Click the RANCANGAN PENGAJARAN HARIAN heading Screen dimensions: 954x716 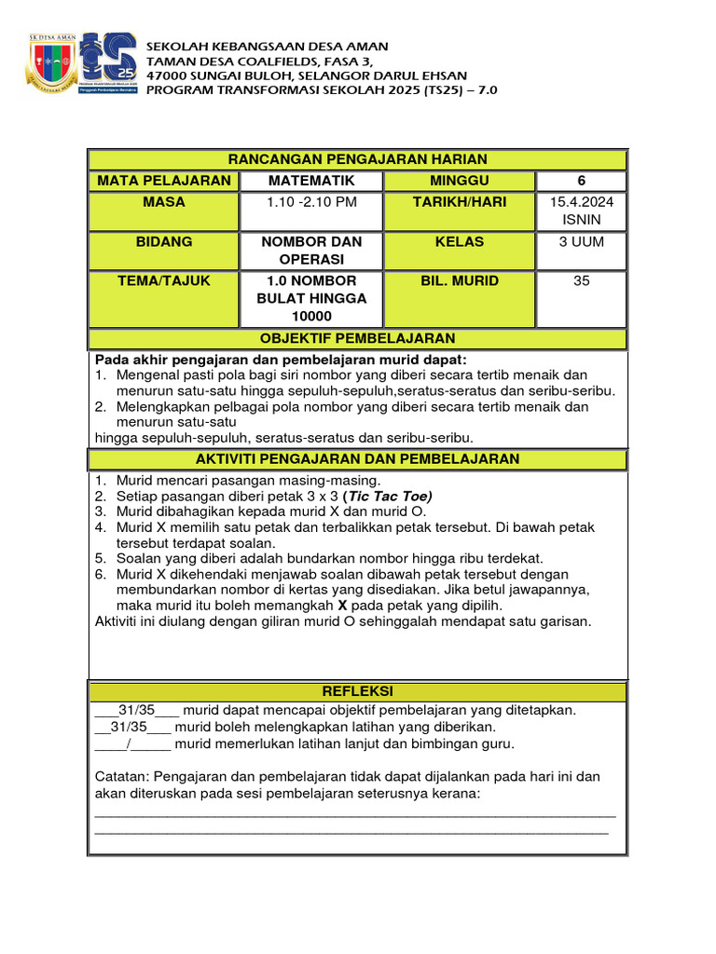(358, 159)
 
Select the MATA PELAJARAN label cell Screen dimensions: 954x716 (163, 181)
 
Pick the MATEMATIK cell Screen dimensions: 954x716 (311, 181)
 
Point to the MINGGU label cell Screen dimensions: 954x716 (459, 181)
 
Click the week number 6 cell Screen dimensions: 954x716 (581, 181)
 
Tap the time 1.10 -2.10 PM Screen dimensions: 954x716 (311, 202)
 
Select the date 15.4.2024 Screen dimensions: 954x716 (581, 202)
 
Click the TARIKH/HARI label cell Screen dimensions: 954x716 (459, 202)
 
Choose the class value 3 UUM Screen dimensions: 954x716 (581, 241)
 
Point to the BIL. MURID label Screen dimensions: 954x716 (459, 280)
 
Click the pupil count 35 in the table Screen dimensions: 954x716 (581, 280)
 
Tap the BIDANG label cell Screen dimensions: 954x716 (163, 241)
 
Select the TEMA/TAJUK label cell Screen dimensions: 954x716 (163, 280)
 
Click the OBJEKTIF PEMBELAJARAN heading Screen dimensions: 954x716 (358, 339)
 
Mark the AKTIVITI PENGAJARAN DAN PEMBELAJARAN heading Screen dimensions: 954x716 (358, 459)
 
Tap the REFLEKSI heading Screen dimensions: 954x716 (358, 691)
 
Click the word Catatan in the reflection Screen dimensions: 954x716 (121, 776)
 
